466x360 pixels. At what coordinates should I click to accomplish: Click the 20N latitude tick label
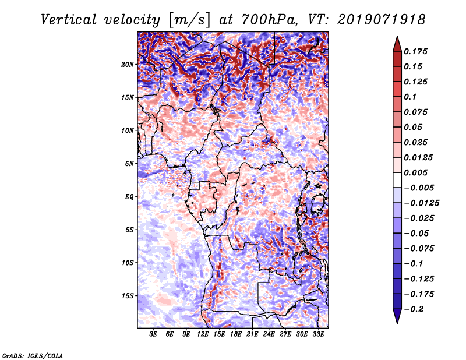[128, 64]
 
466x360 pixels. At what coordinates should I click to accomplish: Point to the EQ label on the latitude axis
[129, 197]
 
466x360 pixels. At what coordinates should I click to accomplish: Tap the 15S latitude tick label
[128, 296]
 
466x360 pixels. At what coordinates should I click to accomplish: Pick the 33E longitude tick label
[318, 334]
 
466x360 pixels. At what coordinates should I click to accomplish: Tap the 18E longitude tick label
[236, 334]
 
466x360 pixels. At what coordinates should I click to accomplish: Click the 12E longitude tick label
[203, 334]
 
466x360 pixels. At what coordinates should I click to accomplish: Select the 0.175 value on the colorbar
[418, 51]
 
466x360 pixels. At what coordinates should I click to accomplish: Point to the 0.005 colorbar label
[418, 172]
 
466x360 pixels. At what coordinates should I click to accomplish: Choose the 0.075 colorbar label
[418, 112]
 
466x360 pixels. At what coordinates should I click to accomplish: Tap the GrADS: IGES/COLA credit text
[32, 355]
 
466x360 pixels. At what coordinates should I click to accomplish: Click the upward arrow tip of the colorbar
[397, 38]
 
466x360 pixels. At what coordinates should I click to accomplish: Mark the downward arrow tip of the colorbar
[397, 322]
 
